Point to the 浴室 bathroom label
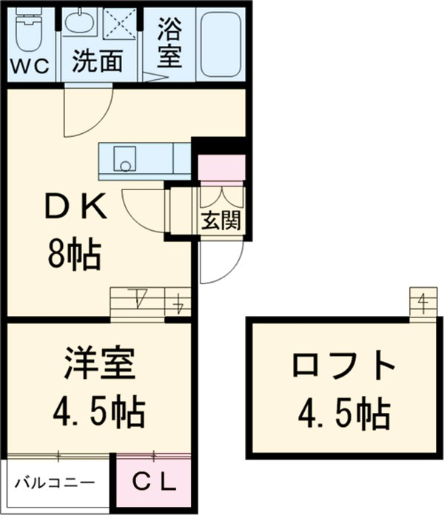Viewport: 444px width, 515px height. (x=169, y=41)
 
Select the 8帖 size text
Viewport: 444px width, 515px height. (x=73, y=257)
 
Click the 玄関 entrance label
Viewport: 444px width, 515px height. (x=221, y=220)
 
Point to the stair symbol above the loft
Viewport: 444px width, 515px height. (x=421, y=303)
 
